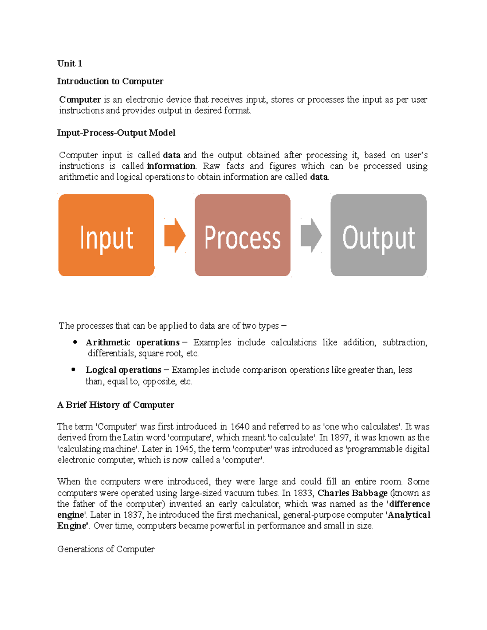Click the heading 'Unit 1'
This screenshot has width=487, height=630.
[x=70, y=63]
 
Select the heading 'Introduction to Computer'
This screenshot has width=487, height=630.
[x=110, y=81]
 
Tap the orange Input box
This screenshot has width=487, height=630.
[x=106, y=235]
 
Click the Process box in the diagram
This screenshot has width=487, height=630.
[x=242, y=235]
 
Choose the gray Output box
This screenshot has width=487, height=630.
[x=378, y=235]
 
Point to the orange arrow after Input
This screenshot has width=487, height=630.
[x=175, y=235]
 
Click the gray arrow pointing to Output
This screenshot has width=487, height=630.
[x=311, y=235]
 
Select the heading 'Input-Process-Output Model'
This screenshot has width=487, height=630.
[x=116, y=133]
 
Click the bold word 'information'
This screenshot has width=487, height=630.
[x=171, y=166]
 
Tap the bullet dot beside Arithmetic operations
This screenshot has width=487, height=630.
[x=75, y=342]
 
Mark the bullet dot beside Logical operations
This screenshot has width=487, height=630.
[x=73, y=370]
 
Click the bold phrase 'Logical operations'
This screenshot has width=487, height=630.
[x=123, y=370]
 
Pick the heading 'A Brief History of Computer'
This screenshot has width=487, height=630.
[x=116, y=405]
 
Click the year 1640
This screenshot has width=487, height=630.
[x=240, y=427]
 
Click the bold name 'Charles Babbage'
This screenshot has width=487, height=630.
[x=352, y=493]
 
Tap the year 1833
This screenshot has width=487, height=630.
[x=303, y=493]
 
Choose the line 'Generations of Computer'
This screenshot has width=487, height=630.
[x=106, y=549]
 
